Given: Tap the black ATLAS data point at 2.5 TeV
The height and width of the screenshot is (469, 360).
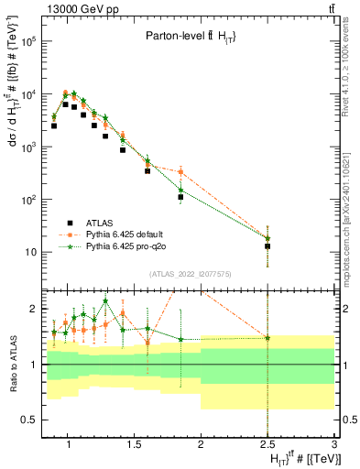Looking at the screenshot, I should tap(267, 246).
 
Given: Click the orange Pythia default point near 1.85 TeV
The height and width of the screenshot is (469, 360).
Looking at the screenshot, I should tap(181, 172).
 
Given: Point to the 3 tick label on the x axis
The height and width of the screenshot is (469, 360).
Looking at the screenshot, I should tap(334, 445).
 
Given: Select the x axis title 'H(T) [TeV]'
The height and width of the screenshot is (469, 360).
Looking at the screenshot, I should tap(300, 458).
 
